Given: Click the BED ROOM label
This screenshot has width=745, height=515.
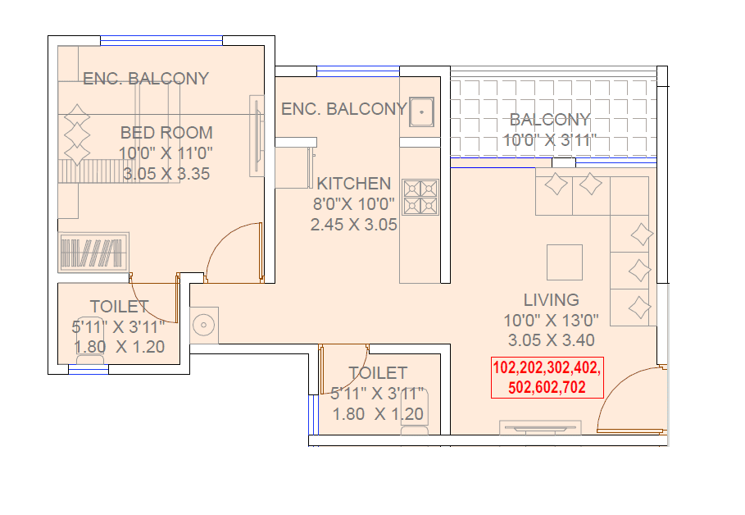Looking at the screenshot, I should pos(166,132).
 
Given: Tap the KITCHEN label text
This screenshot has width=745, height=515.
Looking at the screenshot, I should pos(354,183).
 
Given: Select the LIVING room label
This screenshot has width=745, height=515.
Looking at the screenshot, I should pos(551,299).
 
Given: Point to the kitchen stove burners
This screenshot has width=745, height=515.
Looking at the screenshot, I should pos(420,197).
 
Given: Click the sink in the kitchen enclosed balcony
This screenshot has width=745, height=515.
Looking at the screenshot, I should pos(421,111).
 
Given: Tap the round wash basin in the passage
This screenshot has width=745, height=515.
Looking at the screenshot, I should pos(203,324).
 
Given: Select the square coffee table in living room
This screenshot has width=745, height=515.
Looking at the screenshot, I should pos(564,262).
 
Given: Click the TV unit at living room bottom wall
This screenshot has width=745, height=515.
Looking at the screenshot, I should pos(540,427).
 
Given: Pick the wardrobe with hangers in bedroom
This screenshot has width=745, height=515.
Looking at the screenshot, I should pos(93,252).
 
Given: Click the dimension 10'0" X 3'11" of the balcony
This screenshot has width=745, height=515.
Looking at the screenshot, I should pos(548,140).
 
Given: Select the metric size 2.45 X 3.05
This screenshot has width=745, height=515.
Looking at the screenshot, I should pos(354,224).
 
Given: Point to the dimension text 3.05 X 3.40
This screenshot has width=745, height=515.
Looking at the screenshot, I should pos(551,340).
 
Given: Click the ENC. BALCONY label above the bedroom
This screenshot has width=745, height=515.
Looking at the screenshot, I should pos(146,79).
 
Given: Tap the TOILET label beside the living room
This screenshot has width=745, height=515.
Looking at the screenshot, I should pos(378,373).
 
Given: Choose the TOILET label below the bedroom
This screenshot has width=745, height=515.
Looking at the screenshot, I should pos(120,307).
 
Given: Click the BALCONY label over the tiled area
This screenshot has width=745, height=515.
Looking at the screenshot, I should pos(549,120).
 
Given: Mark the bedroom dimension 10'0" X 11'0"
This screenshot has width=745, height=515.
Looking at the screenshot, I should pos(166,153).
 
